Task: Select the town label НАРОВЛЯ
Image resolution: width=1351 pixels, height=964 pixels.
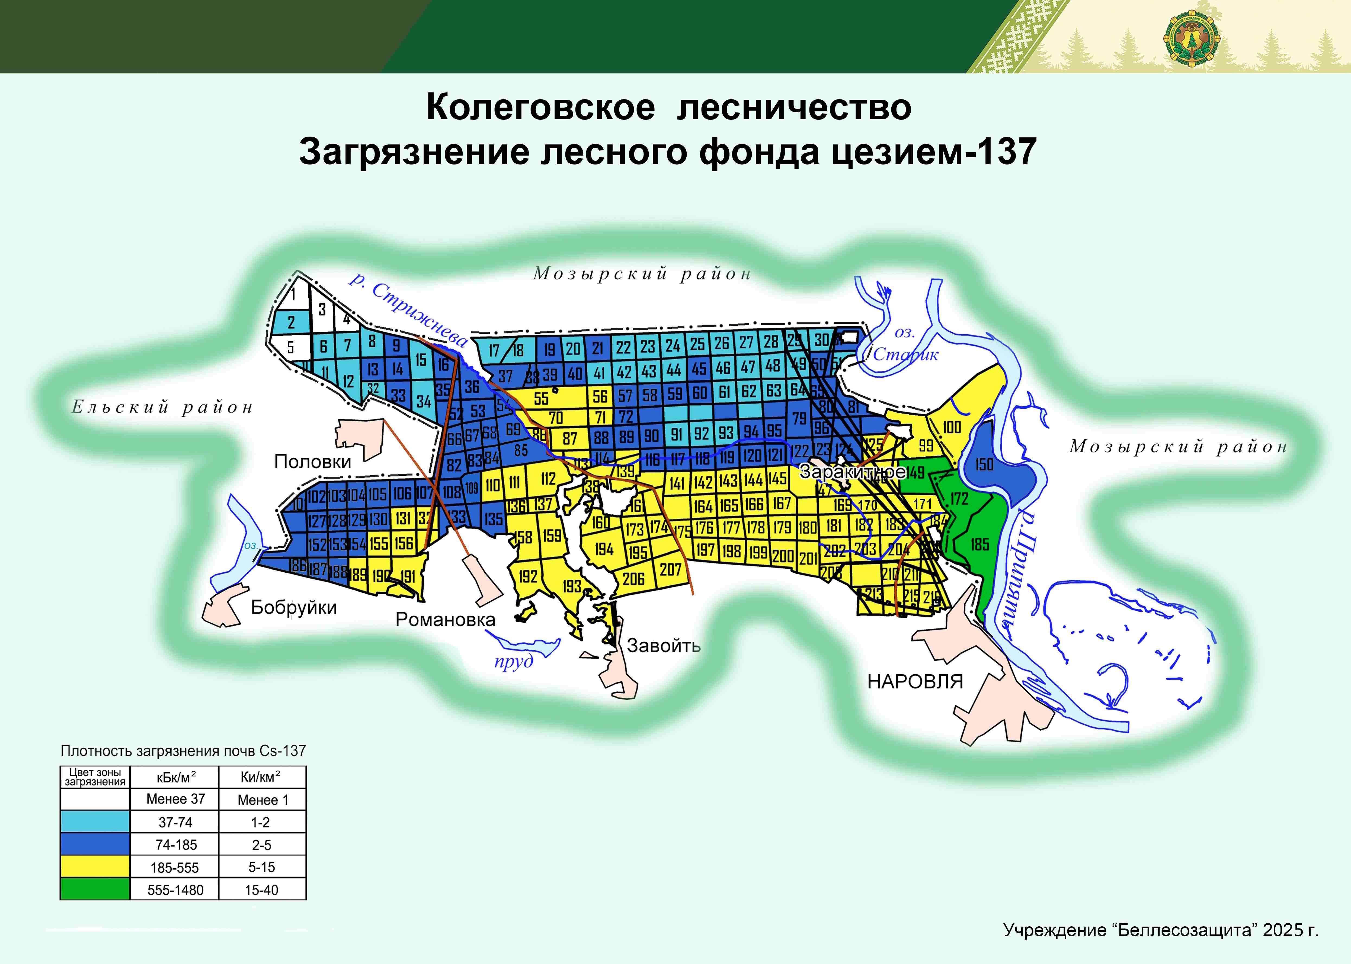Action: coord(915,681)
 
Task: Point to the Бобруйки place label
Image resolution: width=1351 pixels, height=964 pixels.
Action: coord(293,607)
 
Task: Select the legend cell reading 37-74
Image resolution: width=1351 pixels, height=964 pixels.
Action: coord(175,822)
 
